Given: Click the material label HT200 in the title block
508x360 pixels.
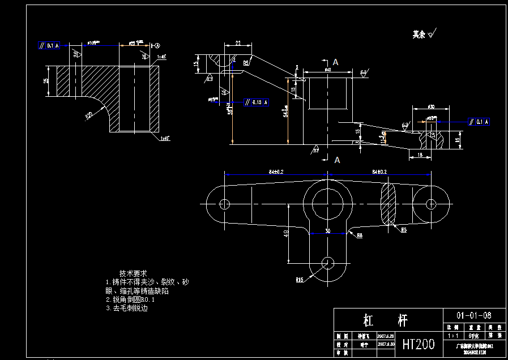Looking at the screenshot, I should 418,344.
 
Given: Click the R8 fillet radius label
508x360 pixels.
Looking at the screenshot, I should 360,236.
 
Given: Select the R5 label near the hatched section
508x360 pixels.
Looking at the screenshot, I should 404,230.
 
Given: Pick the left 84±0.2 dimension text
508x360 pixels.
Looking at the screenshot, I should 276,171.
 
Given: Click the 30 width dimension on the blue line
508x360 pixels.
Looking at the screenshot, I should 327,230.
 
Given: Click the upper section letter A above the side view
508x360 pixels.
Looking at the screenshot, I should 336,61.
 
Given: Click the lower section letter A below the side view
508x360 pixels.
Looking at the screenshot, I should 337,160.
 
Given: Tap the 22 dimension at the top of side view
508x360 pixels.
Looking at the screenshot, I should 237,43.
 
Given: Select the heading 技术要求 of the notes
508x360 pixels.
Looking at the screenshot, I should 133,273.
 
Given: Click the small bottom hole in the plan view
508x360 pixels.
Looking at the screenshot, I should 327,262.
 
